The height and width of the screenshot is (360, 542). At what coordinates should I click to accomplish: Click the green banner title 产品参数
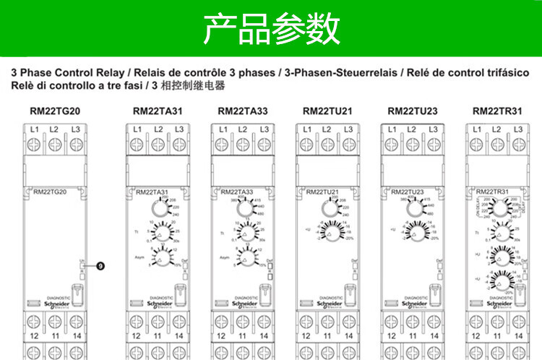(271, 29)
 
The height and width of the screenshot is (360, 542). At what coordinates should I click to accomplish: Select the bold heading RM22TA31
(156, 111)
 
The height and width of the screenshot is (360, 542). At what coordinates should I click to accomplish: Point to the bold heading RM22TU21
(326, 111)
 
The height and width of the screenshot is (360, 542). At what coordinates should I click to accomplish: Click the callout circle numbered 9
(100, 266)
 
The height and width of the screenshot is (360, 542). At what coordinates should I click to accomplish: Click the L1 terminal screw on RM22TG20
(33, 144)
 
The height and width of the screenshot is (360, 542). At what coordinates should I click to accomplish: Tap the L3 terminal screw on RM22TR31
(519, 144)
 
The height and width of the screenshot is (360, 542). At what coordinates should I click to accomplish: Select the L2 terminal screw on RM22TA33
(242, 144)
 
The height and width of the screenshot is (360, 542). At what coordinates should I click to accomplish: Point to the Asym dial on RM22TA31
(160, 257)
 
